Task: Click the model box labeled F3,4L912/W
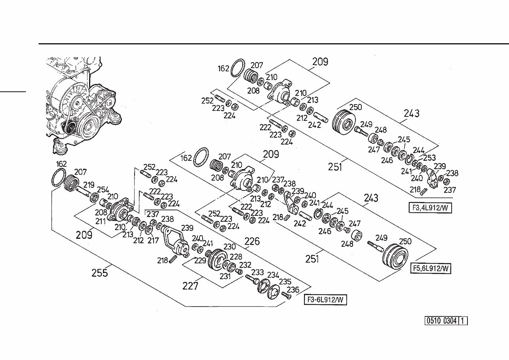tap(430, 208)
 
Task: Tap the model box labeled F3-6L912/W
tap(325, 300)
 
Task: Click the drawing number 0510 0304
tap(441, 321)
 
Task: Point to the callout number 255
tap(100, 273)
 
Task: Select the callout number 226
tap(252, 241)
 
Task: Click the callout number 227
tap(190, 286)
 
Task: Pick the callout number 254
tap(103, 190)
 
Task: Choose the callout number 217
tap(153, 240)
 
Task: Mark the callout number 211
tap(100, 221)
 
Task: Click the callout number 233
tap(257, 272)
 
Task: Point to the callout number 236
tap(293, 290)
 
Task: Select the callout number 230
tap(230, 247)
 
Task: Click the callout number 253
tap(429, 158)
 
